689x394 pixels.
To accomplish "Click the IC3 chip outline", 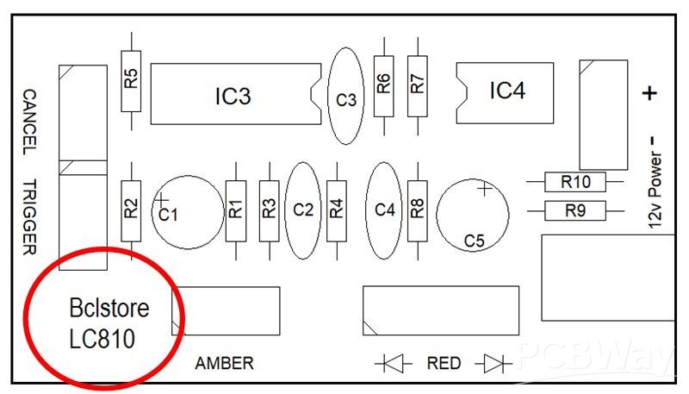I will [x=233, y=93].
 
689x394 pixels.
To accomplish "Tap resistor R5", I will [x=130, y=80].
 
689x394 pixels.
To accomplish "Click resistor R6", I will [x=384, y=83].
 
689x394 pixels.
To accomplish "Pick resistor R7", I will [x=418, y=83].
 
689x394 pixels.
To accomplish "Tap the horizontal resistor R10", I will [x=575, y=182].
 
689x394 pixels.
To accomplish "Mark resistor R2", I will [x=130, y=208].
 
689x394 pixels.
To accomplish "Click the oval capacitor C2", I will [x=302, y=210].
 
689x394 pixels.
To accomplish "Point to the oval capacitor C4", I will [x=385, y=210].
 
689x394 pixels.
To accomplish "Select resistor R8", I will [x=418, y=208].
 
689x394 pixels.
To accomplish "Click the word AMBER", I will [x=225, y=363].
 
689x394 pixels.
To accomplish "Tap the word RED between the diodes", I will [x=444, y=363].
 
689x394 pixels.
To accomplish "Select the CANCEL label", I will [x=28, y=122].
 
